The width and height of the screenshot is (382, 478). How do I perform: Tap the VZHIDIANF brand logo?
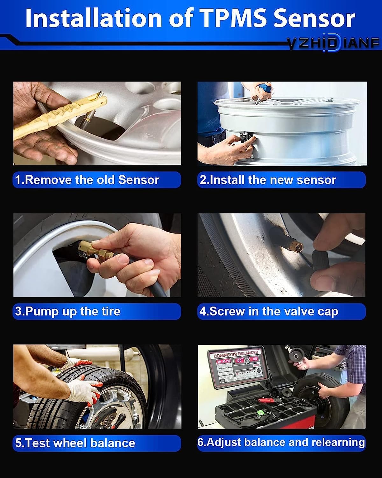[x=333, y=43]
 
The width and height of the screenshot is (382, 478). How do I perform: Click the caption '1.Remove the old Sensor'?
[x=87, y=180]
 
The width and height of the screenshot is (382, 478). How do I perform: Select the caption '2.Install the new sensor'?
[x=268, y=180]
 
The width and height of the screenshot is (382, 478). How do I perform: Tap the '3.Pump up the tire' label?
[x=68, y=311]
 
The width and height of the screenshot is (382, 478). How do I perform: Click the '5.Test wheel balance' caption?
[x=75, y=443]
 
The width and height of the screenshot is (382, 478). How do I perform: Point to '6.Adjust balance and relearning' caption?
[x=281, y=442]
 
